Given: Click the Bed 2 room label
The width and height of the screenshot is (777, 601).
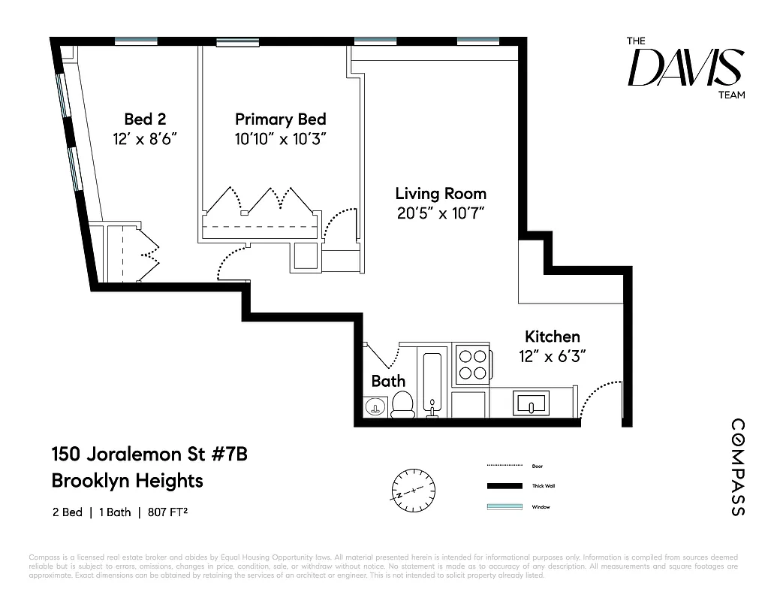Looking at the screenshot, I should coord(145,119).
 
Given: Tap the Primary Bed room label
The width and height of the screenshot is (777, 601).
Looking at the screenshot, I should coord(280,119).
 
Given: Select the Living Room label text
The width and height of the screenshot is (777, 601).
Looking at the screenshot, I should coord(441,193).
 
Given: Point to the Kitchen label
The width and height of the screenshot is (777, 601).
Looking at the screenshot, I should coord(552,337).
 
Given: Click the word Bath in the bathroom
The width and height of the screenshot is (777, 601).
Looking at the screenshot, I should coord(388,381).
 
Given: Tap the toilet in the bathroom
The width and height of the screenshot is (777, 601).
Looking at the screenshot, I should coord(403,403).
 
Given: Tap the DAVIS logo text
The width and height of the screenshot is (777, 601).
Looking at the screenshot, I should coord(685,67).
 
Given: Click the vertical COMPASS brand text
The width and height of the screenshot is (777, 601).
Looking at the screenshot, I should coord(737,467).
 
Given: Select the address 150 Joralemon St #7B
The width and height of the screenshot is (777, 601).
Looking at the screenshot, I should coord(149,455).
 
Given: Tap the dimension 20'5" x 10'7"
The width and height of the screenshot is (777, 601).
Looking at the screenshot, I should coord(441,213).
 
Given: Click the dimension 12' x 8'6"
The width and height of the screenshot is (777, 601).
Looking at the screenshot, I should coord(145,138).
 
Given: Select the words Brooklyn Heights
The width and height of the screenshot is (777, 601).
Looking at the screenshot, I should coord(127,480).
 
